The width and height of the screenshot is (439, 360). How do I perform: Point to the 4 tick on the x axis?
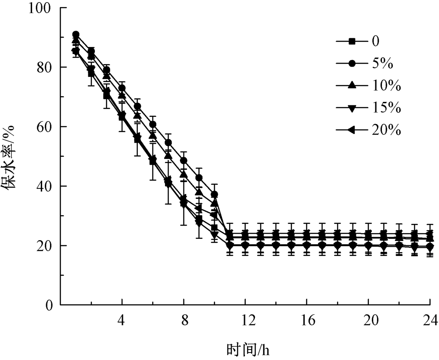click(122, 321)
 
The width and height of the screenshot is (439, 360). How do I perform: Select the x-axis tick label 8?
click(184, 321)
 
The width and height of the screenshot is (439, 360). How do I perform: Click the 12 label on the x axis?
click(245, 321)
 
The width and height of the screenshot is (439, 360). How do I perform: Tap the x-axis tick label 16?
click(307, 321)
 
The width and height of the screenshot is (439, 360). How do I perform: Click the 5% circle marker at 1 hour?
click(76, 35)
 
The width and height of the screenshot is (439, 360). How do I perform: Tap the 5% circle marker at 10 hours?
click(214, 194)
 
